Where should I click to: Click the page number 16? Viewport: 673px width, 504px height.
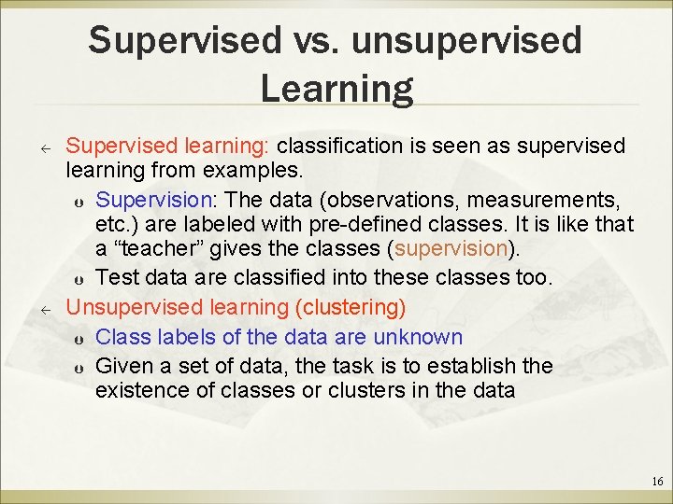pos(656,482)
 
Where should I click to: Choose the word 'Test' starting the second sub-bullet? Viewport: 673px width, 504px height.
pos(115,277)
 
